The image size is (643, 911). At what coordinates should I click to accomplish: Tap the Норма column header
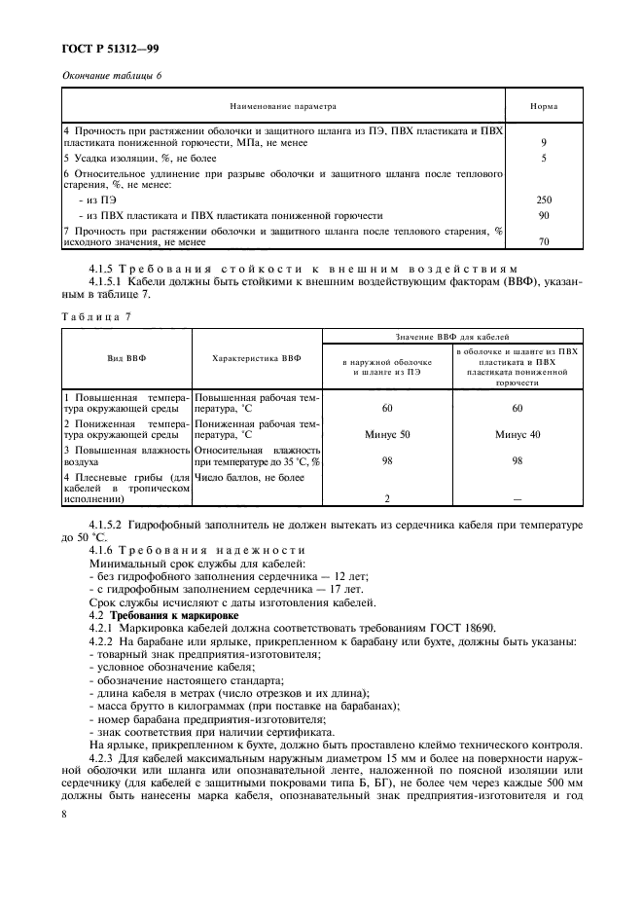click(x=543, y=106)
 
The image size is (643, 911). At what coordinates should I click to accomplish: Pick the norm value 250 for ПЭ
click(x=543, y=199)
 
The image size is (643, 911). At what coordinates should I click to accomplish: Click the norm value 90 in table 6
click(x=543, y=214)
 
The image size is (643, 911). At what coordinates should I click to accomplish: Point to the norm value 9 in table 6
click(x=543, y=143)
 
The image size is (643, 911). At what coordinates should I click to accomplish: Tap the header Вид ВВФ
click(x=126, y=358)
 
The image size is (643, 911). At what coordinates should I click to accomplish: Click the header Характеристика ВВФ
click(x=257, y=358)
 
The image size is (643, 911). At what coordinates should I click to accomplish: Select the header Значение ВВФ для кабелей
click(x=452, y=336)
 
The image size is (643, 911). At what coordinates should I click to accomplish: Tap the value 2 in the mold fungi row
click(x=387, y=498)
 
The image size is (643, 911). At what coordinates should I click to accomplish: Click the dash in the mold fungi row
click(x=517, y=498)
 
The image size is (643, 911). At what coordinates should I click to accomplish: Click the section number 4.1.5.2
click(x=111, y=525)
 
